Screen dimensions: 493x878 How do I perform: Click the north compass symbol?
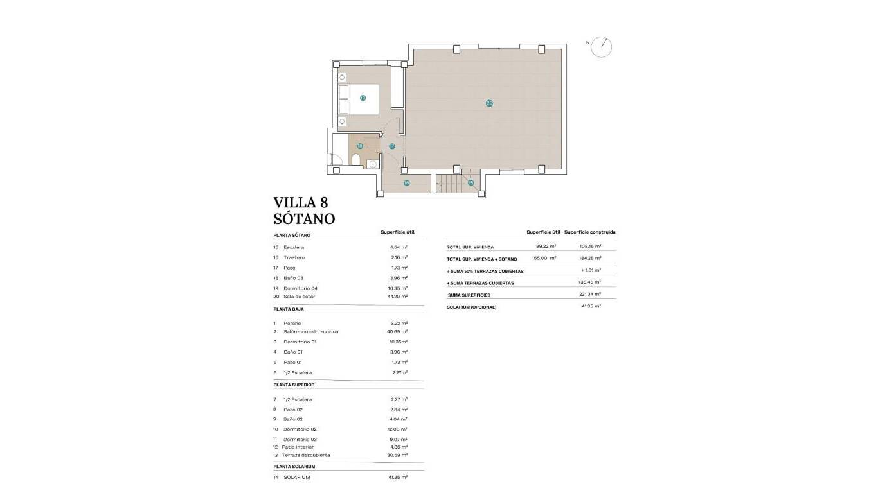point(602,46)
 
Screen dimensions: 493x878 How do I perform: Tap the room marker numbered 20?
point(489,103)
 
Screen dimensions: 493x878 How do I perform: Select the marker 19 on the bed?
point(363,98)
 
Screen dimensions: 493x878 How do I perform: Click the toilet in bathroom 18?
point(355,159)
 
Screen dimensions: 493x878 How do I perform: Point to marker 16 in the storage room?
point(406,183)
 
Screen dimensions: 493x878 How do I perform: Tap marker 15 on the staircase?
point(470,183)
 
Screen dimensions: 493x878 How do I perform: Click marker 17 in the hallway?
point(391,146)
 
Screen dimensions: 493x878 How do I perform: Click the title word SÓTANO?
point(304,218)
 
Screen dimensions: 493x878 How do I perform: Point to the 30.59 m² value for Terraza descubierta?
point(399,455)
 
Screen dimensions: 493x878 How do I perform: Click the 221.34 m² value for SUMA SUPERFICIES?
point(589,295)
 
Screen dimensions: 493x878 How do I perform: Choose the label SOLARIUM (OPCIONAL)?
point(472,307)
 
